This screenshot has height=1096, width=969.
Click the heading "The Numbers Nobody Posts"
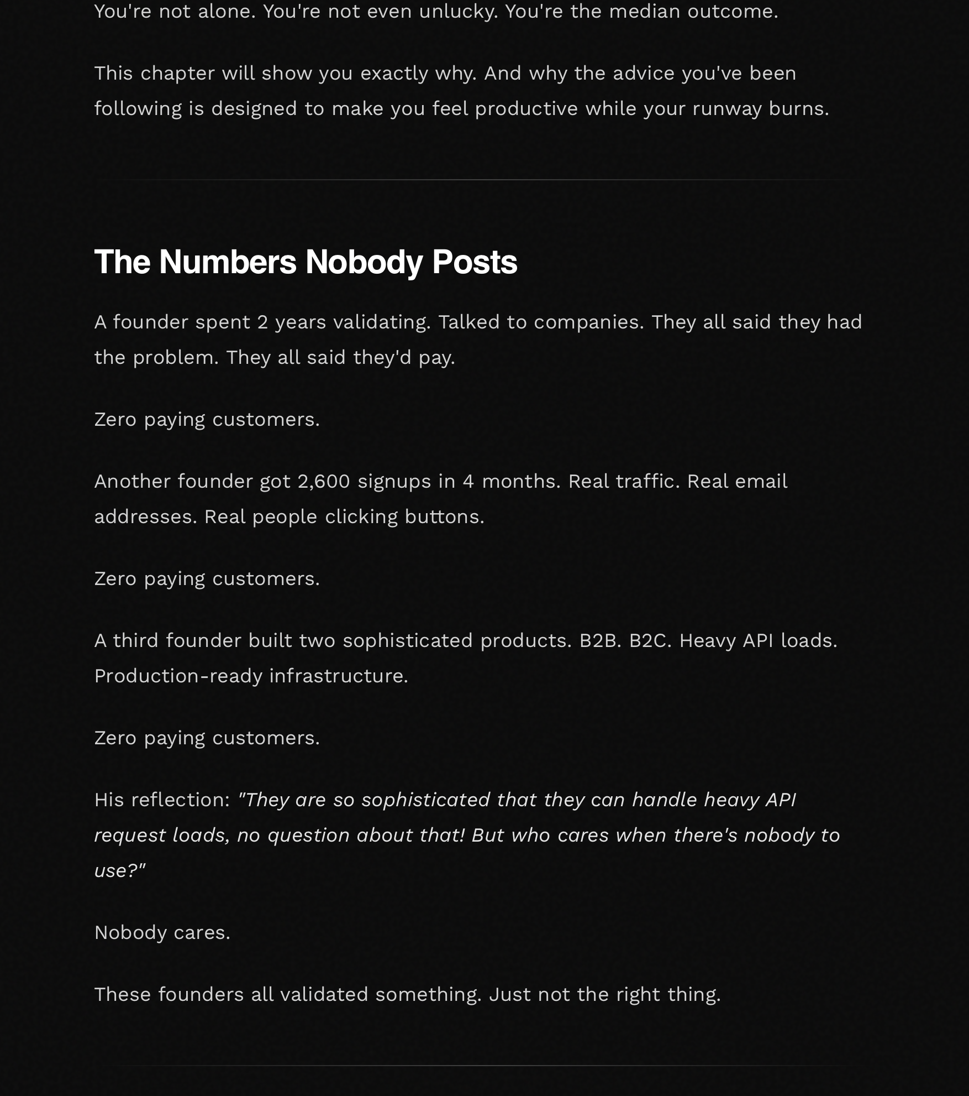point(306,262)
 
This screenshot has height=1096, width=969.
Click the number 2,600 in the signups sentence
point(324,481)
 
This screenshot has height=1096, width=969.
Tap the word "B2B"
point(599,640)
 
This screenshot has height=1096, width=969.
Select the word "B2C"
point(650,640)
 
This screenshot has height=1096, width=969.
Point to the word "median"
point(644,11)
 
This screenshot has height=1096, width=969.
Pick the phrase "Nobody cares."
point(162,932)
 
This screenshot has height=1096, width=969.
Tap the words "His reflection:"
point(162,800)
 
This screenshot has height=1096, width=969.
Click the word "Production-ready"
point(178,676)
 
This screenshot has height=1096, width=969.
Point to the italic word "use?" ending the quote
point(118,870)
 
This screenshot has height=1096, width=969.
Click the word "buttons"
point(444,516)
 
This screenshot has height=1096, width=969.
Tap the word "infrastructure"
point(338,676)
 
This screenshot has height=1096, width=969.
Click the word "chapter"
point(177,73)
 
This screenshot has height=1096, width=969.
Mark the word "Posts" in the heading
point(474,262)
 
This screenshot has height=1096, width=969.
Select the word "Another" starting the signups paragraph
point(133,481)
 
